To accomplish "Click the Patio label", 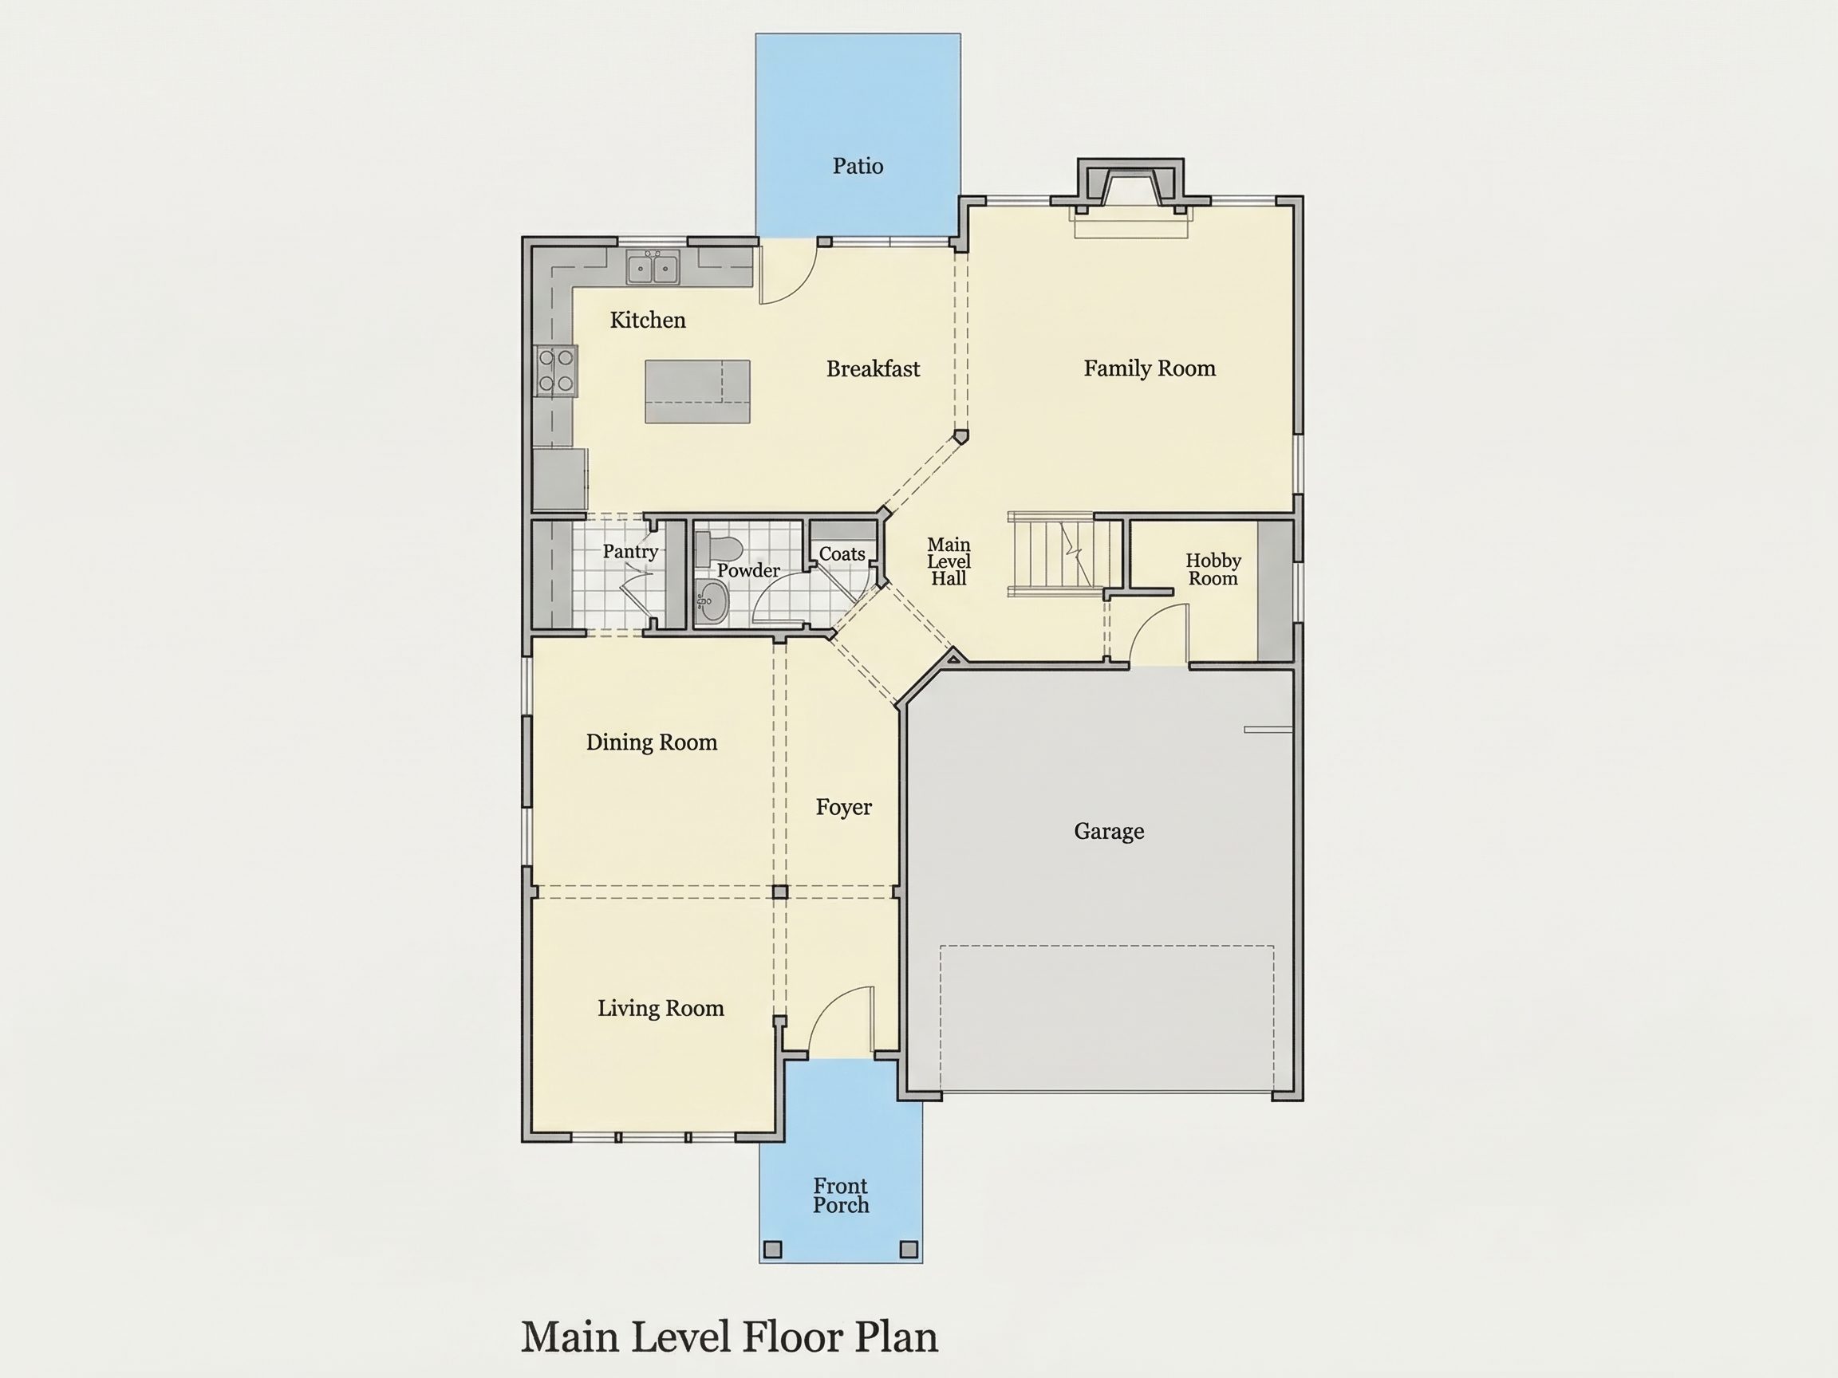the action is [858, 166].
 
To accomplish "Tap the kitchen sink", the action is [653, 267].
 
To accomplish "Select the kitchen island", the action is [698, 392].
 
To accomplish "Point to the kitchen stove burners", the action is [556, 371].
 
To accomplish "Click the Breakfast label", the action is [873, 368].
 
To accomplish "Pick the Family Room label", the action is [1150, 368].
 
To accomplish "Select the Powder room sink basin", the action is [711, 602].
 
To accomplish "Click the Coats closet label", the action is [842, 554].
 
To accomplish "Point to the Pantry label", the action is [631, 552].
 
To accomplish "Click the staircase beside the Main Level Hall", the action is [1052, 554].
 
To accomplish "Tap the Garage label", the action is [1108, 832].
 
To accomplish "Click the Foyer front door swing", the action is [841, 1020].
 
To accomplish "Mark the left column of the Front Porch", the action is [773, 1250].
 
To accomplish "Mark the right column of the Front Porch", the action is [909, 1250].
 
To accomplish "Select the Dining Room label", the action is [652, 742].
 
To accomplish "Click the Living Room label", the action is [661, 1008].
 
